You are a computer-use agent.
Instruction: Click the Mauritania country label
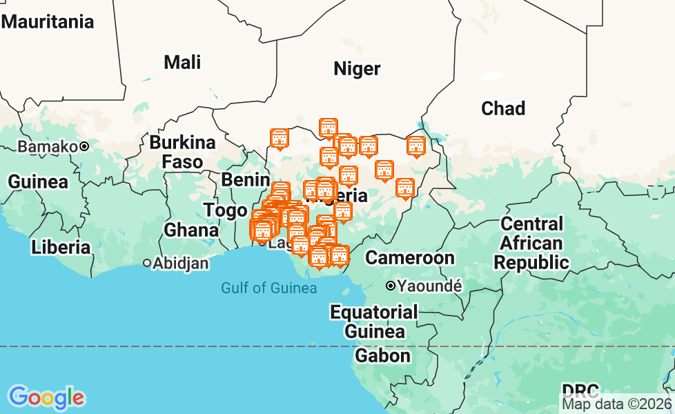click(48, 21)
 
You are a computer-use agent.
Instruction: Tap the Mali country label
click(182, 62)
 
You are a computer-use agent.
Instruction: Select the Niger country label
click(357, 68)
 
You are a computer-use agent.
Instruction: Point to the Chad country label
click(503, 108)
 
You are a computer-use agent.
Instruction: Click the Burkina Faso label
click(183, 152)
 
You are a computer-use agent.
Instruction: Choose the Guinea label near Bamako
click(38, 182)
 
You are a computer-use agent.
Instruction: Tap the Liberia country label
click(61, 247)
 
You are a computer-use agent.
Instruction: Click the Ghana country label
click(191, 230)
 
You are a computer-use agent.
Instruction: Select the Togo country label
click(225, 210)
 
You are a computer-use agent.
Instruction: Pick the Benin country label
click(245, 180)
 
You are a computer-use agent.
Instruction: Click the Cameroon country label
click(410, 258)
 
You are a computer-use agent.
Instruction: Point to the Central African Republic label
click(531, 243)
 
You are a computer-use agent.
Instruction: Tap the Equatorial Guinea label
click(374, 322)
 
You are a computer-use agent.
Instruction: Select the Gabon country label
click(382, 355)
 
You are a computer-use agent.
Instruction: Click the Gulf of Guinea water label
click(269, 288)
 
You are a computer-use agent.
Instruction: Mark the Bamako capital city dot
click(84, 146)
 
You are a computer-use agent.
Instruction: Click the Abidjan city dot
click(147, 263)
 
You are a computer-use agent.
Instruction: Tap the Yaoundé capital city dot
click(390, 285)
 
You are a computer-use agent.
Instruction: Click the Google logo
click(46, 397)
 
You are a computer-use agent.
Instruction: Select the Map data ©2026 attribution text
click(616, 404)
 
